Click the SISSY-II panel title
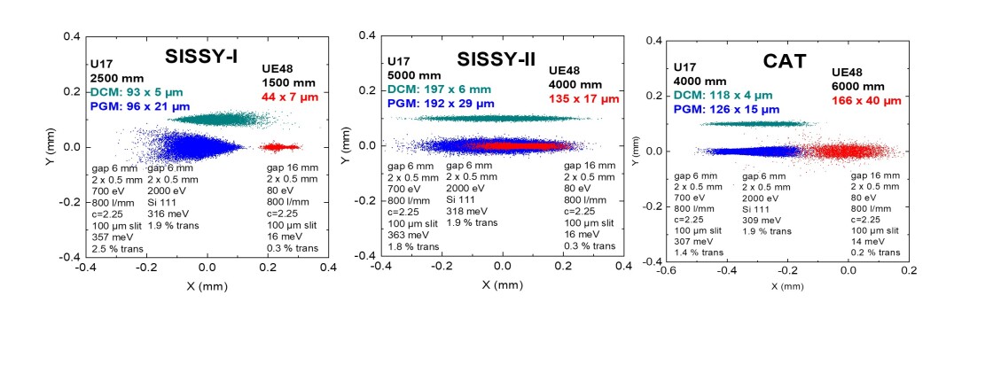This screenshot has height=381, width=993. (x=503, y=58)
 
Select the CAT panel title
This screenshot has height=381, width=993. (x=784, y=62)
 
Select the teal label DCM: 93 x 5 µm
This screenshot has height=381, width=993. (x=128, y=91)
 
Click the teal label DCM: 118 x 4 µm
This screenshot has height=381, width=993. (x=723, y=95)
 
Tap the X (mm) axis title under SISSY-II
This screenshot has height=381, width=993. (x=502, y=285)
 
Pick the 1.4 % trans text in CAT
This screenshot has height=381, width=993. (x=697, y=253)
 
